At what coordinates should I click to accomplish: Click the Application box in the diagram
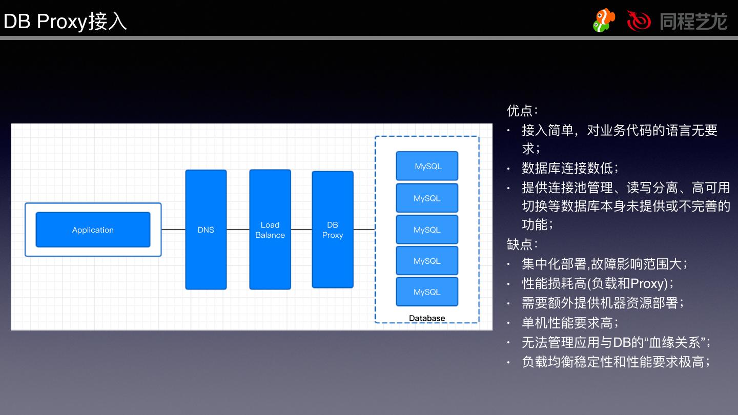pyautogui.click(x=93, y=230)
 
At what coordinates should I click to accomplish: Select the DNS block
pyautogui.click(x=206, y=230)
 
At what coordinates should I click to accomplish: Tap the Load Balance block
pyautogui.click(x=270, y=230)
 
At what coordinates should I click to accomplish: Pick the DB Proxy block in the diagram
pyautogui.click(x=333, y=230)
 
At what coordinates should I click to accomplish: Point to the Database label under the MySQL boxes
pyautogui.click(x=427, y=318)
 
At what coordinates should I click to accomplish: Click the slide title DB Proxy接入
pyautogui.click(x=65, y=22)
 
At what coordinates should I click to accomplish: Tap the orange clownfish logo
pyautogui.click(x=604, y=20)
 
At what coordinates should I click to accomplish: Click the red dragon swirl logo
pyautogui.click(x=639, y=20)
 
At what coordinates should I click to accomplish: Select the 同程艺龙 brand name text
pyautogui.click(x=693, y=21)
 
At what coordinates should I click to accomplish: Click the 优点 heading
pyautogui.click(x=522, y=111)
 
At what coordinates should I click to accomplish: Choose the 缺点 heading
pyautogui.click(x=522, y=244)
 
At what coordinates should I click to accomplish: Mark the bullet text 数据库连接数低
pyautogui.click(x=570, y=168)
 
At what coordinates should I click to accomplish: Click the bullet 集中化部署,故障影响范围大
pyautogui.click(x=604, y=264)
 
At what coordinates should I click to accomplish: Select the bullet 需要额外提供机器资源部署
pyautogui.click(x=603, y=303)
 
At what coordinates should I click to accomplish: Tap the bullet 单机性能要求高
pyautogui.click(x=570, y=323)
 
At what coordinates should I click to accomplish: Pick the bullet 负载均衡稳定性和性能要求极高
pyautogui.click(x=616, y=362)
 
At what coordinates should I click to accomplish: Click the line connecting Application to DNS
pyautogui.click(x=173, y=230)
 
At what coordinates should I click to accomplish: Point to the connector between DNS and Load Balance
pyautogui.click(x=238, y=230)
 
